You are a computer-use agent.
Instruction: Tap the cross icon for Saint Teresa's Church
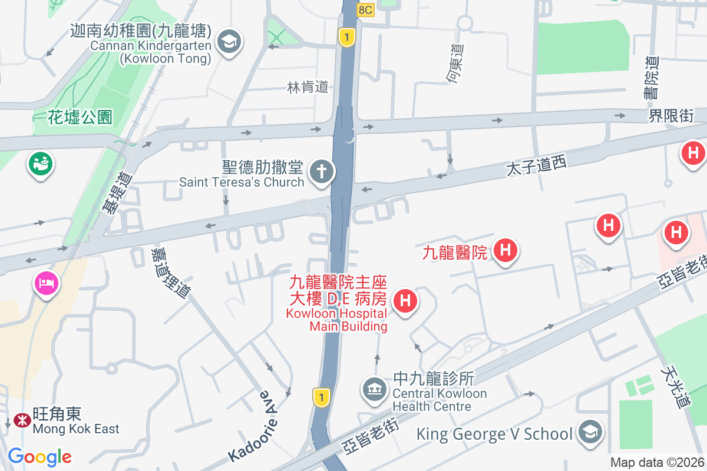(322, 173)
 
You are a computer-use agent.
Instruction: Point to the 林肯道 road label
(307, 87)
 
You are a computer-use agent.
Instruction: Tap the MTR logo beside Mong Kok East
(21, 421)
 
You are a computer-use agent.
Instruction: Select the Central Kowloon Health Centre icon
(374, 389)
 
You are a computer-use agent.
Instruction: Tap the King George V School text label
(494, 434)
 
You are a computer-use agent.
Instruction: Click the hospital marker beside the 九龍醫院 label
(505, 251)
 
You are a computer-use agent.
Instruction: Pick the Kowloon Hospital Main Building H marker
(405, 301)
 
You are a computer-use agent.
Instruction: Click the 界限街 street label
(670, 115)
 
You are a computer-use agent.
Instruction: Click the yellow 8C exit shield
(365, 10)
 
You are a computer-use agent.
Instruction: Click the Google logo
(40, 456)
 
